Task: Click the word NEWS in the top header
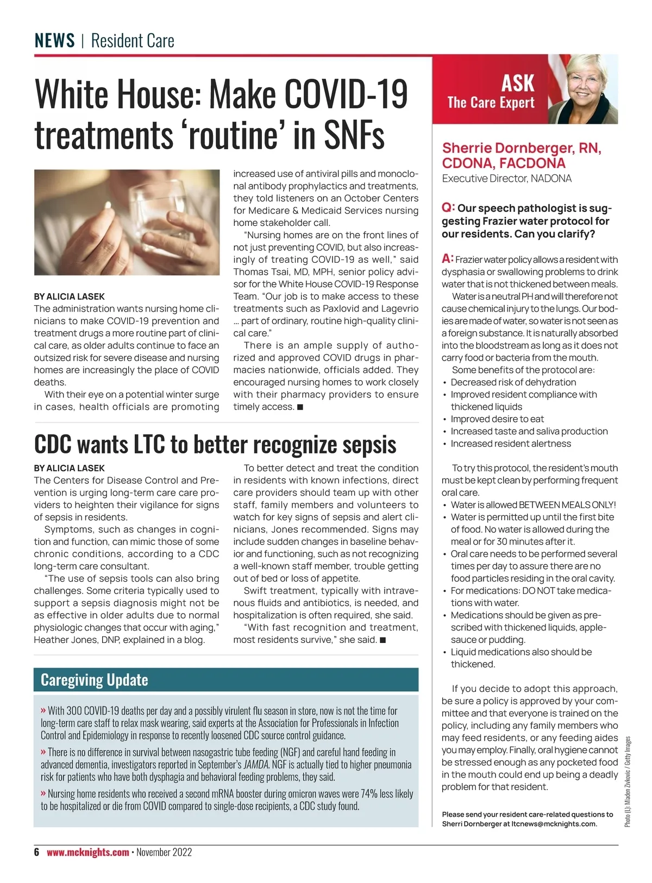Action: [x=54, y=41]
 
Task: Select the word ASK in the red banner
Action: [x=517, y=83]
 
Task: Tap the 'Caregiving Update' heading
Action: [x=95, y=680]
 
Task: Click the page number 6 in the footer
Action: [x=37, y=852]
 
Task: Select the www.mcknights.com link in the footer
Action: [x=88, y=852]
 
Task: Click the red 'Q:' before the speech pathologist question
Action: [x=448, y=207]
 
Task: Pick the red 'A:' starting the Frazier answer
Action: [x=448, y=258]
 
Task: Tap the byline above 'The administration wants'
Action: [x=69, y=297]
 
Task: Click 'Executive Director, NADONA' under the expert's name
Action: [x=506, y=179]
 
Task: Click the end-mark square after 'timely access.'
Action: [x=300, y=407]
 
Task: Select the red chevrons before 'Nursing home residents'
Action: [x=43, y=793]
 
